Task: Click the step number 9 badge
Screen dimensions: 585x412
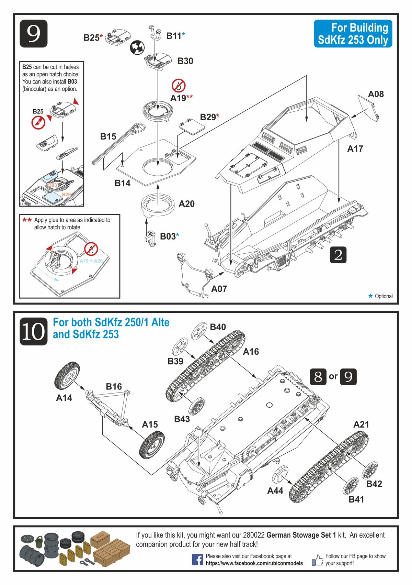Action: click(x=33, y=34)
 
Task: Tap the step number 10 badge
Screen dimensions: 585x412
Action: click(x=33, y=331)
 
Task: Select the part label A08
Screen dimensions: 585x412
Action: click(x=376, y=94)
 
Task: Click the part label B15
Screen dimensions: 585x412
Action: click(x=108, y=137)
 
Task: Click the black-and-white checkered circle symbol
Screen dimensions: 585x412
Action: click(x=137, y=47)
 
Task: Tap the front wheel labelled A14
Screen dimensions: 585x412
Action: click(x=67, y=376)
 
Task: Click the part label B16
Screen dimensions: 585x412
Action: click(x=114, y=387)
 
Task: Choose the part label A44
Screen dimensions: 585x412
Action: click(x=275, y=491)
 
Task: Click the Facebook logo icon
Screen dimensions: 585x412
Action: click(x=197, y=559)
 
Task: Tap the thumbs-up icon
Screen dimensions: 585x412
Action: click(x=317, y=560)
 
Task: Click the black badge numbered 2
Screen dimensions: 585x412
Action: click(x=338, y=255)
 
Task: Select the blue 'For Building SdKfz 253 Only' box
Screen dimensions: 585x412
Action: click(x=353, y=34)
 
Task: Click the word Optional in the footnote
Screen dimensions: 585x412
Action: click(x=384, y=296)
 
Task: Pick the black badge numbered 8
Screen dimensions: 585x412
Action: click(x=318, y=377)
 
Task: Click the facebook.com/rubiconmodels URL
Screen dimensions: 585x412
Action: click(x=254, y=563)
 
